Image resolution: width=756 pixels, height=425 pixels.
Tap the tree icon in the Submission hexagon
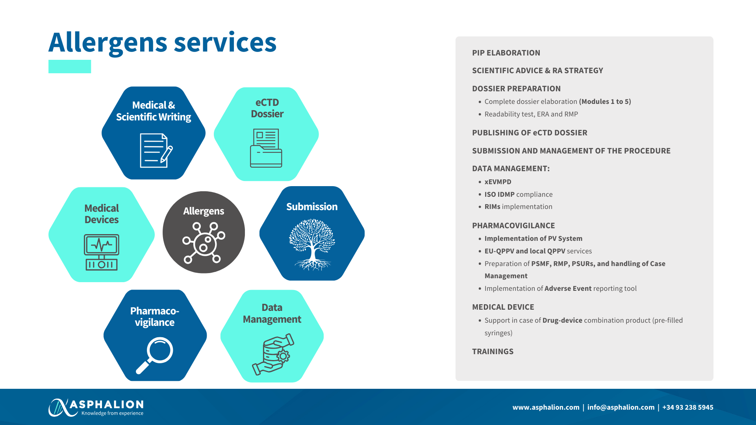click(312, 244)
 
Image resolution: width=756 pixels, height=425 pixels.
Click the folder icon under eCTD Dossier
click(266, 148)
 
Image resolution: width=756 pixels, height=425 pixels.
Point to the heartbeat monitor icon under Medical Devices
click(102, 252)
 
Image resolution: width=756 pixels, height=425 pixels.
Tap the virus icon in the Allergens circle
click(204, 242)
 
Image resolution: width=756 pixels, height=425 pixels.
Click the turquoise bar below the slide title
click(70, 67)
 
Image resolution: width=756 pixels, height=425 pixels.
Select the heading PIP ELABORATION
click(506, 53)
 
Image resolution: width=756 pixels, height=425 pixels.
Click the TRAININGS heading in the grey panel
click(493, 351)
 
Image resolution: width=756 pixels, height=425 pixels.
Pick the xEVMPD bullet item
click(498, 182)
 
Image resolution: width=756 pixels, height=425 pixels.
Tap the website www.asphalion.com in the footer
click(546, 407)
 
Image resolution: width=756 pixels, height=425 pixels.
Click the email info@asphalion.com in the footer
click(621, 407)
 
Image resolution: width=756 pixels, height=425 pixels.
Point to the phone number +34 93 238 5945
click(688, 407)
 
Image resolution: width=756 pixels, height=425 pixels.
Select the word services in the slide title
click(225, 42)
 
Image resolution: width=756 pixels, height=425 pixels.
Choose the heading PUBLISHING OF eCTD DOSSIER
click(530, 133)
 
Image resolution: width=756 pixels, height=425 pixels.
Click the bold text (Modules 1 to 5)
click(605, 102)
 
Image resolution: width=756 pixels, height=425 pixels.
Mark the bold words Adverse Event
click(568, 288)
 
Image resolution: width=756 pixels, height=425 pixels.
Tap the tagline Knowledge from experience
click(112, 413)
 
